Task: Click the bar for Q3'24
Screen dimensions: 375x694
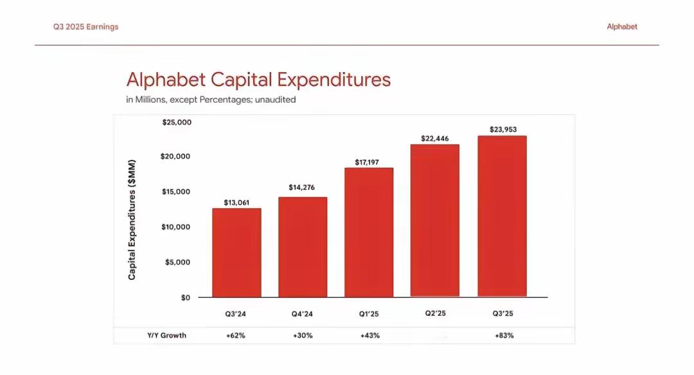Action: [x=236, y=252]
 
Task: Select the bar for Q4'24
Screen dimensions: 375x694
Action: [x=303, y=247]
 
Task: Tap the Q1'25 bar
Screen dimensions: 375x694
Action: [x=369, y=232]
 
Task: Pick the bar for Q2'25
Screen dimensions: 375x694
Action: [x=435, y=220]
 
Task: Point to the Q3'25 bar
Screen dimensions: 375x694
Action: [x=502, y=216]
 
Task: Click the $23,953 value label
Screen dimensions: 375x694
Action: [x=503, y=129]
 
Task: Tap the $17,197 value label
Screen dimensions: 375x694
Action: [x=369, y=162]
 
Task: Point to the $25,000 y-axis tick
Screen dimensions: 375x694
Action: [x=176, y=122]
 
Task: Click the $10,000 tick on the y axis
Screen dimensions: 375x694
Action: [x=176, y=227]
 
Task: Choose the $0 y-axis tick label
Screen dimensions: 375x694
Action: [x=184, y=297]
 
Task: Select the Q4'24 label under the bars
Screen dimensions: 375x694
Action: [x=303, y=314]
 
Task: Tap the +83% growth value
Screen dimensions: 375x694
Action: [x=504, y=335]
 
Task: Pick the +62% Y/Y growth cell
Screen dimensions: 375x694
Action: [x=236, y=335]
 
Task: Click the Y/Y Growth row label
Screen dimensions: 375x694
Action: [x=166, y=335]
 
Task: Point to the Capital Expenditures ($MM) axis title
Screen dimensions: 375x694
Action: [x=132, y=220]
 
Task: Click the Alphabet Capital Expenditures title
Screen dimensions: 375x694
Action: [x=258, y=80]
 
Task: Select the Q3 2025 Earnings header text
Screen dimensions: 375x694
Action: [x=86, y=27]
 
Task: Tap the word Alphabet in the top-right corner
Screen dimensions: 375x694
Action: [x=622, y=27]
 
